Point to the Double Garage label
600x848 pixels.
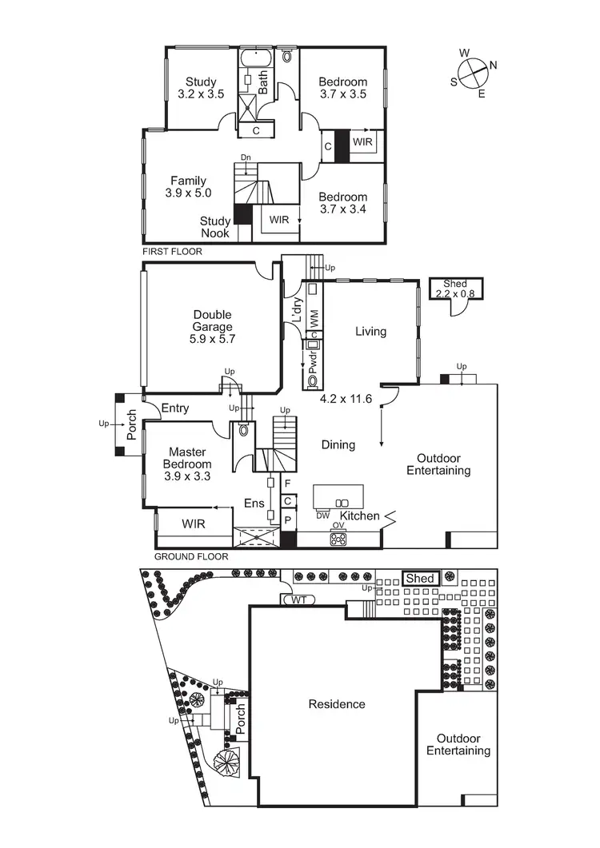(213, 326)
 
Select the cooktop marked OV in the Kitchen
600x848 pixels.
(338, 539)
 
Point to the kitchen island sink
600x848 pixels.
(342, 502)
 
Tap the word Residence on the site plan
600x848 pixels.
(337, 704)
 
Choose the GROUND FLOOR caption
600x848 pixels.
(191, 556)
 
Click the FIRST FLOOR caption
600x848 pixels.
(172, 252)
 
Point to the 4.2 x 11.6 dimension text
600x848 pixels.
(346, 397)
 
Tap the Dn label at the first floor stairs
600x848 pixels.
(246, 158)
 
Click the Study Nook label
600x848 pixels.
(215, 227)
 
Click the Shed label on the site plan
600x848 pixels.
(420, 579)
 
